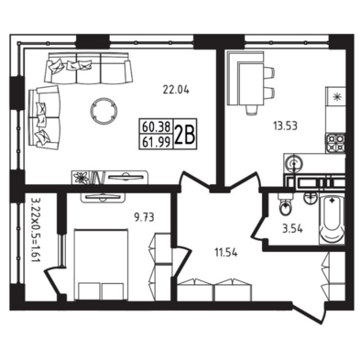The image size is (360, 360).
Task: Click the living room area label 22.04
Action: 176,90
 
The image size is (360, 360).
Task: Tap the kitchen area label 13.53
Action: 285,125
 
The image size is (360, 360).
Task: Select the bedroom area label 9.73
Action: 144,217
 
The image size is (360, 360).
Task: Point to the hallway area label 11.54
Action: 226,253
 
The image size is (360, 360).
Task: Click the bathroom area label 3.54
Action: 292,229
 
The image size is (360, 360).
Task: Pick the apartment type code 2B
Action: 185,135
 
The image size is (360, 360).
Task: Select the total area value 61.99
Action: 156,141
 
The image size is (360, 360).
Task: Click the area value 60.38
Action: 156,126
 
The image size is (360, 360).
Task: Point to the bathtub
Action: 332,219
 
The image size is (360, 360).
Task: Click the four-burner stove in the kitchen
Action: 335,143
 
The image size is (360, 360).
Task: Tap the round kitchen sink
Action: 294,164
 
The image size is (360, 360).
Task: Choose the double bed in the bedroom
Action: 101,265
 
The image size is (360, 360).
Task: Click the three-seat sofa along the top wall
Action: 88,68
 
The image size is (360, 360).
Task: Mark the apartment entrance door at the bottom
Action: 309,312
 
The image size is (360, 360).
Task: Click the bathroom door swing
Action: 259,227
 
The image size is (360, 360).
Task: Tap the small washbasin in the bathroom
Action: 311,199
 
